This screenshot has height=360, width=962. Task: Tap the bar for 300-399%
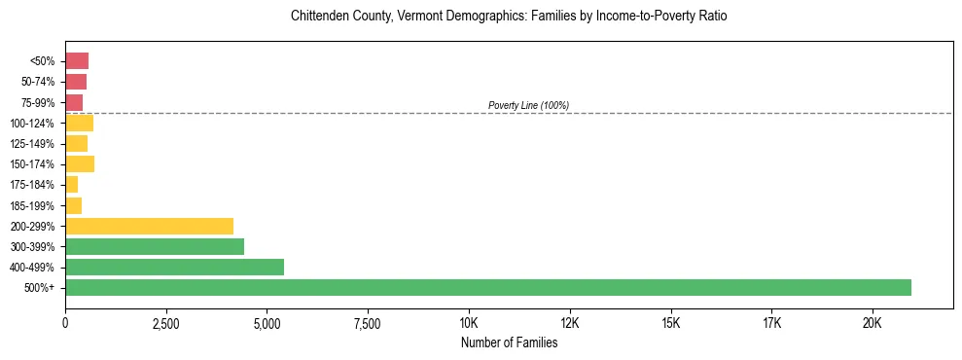click(x=155, y=246)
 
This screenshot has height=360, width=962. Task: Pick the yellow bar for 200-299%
click(x=149, y=226)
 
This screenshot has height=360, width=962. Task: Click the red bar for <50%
click(x=77, y=61)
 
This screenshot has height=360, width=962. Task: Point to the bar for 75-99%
click(x=74, y=102)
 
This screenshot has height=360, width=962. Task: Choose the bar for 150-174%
click(x=80, y=163)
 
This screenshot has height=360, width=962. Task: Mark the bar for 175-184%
click(x=71, y=184)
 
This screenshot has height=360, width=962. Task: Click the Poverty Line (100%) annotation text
click(x=528, y=105)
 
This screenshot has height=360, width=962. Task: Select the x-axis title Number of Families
click(x=509, y=342)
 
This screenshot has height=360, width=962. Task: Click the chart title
click(x=509, y=17)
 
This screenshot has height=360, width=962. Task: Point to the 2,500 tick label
click(x=166, y=323)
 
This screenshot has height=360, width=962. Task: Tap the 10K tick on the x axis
click(x=469, y=323)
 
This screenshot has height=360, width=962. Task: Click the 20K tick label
click(x=873, y=323)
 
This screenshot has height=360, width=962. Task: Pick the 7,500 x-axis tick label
click(x=368, y=323)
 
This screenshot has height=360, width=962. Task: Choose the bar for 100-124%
click(x=79, y=123)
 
